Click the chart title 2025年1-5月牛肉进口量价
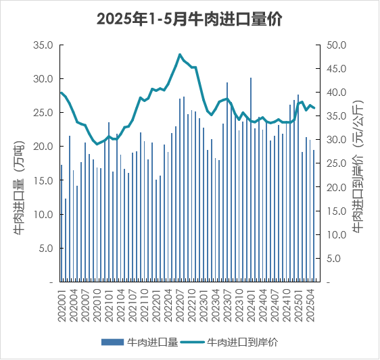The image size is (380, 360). pos(189,20)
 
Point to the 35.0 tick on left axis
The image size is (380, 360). pos(42,45)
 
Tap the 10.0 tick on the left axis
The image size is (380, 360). pos(42,214)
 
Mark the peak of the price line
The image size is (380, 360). pos(180,54)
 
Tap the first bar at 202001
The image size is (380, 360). pos(62,223)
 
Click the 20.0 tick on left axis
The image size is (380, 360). pos(42,147)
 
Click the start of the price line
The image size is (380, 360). pos(62,93)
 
